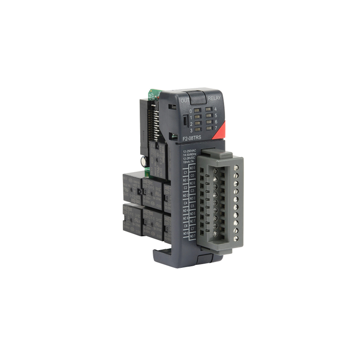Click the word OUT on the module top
184,100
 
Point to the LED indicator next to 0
197,110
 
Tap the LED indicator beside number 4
208,109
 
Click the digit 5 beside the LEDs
216,116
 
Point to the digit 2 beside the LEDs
191,124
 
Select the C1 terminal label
185,172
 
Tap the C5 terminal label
193,206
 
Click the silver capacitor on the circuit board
144,162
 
